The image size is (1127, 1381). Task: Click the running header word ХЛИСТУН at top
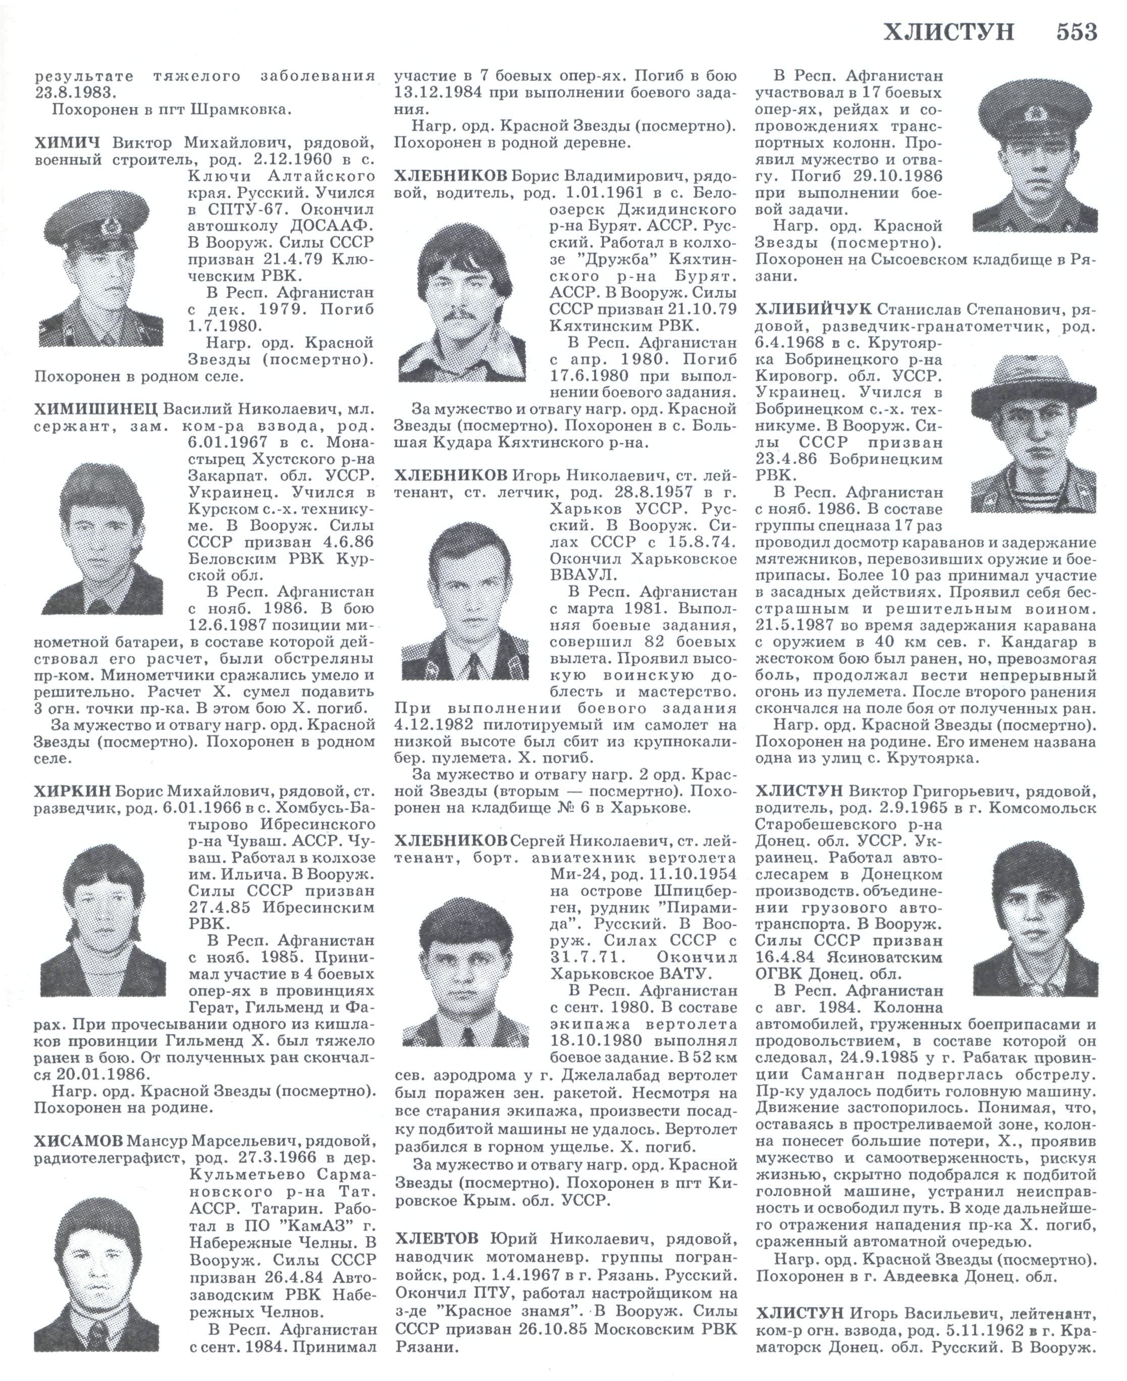click(948, 31)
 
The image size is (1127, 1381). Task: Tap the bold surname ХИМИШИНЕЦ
click(95, 410)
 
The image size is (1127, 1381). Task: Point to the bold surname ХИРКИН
click(73, 791)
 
